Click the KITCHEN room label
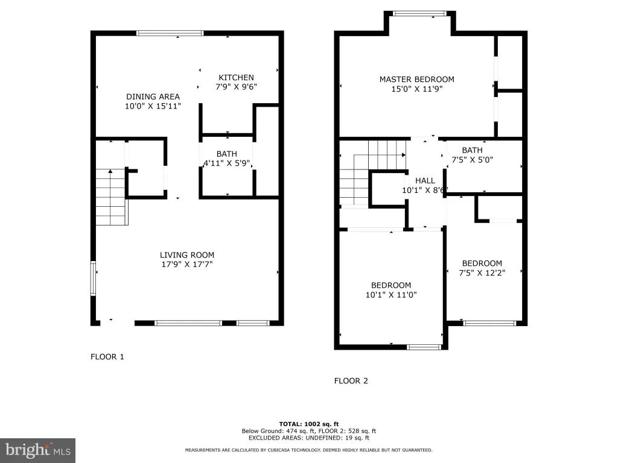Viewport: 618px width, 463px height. tap(236, 78)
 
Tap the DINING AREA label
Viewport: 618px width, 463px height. tap(153, 96)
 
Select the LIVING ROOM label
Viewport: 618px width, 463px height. tap(187, 255)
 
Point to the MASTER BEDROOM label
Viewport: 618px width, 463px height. tap(416, 79)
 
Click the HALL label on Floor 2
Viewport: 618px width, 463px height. tap(425, 181)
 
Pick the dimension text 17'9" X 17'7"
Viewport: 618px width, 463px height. tap(187, 264)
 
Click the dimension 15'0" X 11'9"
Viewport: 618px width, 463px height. tap(416, 89)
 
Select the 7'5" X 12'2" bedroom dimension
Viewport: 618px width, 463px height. tap(482, 273)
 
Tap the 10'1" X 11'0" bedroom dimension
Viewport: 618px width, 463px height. tap(391, 295)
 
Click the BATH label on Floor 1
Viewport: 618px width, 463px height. tap(227, 154)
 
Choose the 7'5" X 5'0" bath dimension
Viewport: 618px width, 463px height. tap(472, 160)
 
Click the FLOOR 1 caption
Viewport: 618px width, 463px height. tap(107, 357)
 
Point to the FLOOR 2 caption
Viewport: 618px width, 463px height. tap(351, 381)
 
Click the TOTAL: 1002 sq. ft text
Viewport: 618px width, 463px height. tap(308, 424)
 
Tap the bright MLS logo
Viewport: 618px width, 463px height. tap(37, 450)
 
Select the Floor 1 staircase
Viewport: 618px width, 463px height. tap(112, 197)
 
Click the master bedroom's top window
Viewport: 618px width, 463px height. tap(420, 13)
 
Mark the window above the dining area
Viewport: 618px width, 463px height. tap(170, 33)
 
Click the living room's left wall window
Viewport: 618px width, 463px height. tap(94, 279)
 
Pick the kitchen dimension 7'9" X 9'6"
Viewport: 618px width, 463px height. tap(236, 87)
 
